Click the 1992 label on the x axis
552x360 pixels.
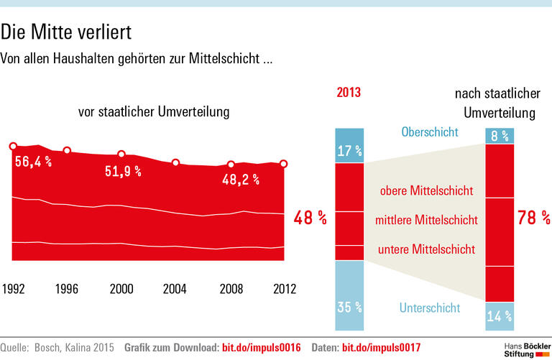coord(14,289)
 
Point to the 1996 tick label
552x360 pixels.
coord(66,289)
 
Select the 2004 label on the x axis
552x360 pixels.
coord(175,289)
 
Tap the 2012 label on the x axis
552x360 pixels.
coord(284,289)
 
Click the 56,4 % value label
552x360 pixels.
coord(33,162)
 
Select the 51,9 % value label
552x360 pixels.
coord(123,171)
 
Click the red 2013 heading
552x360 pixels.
coord(349,93)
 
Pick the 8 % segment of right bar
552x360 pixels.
coord(500,136)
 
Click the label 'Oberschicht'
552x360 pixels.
coord(430,132)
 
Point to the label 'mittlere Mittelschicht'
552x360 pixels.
coord(426,220)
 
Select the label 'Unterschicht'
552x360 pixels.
coord(429,308)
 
